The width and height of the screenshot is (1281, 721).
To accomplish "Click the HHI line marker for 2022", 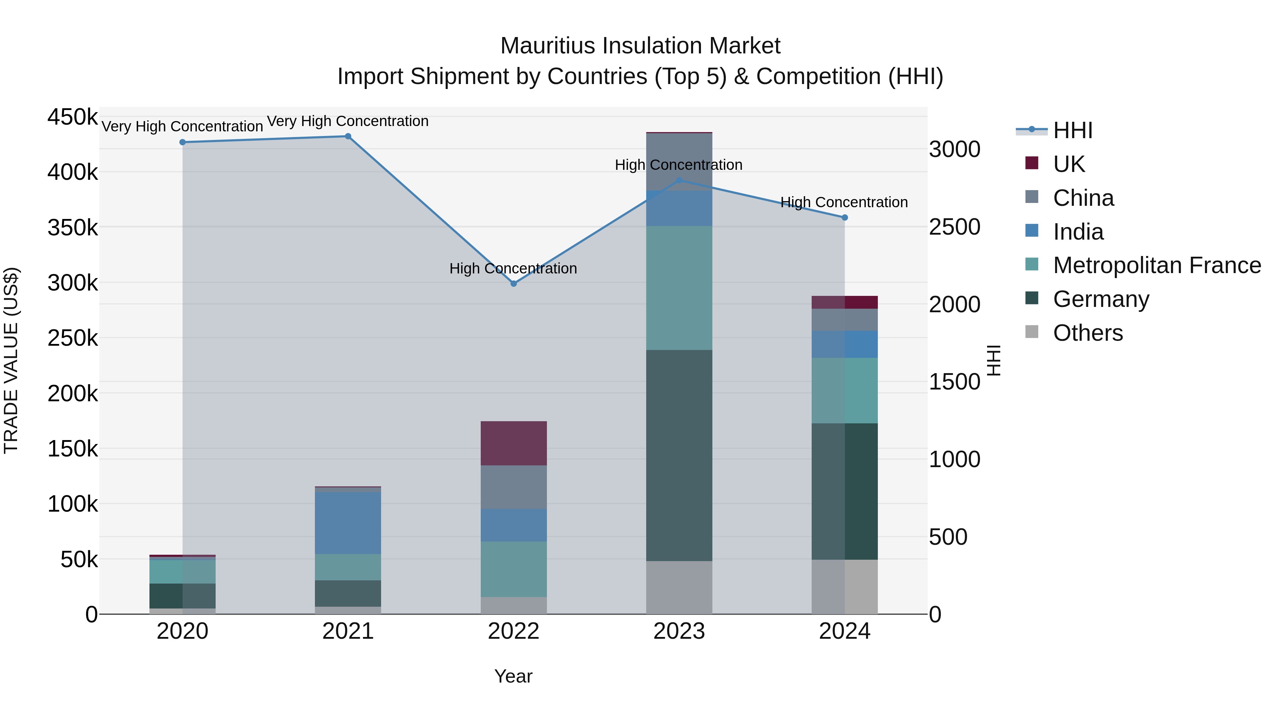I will click(x=514, y=284).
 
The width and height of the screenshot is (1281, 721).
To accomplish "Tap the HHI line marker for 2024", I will click(x=844, y=218).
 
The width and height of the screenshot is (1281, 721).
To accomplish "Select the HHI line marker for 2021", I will click(x=348, y=136).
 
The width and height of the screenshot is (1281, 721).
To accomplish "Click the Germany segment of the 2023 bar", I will click(x=679, y=455).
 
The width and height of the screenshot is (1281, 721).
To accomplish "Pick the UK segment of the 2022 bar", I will click(x=514, y=443).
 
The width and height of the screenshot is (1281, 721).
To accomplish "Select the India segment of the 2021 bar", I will click(x=348, y=522).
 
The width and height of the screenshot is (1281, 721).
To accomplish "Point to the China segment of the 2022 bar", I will click(x=514, y=487).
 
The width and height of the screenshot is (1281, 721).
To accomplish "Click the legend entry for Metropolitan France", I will click(x=1157, y=265).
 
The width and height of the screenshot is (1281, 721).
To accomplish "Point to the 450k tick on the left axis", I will click(x=73, y=117).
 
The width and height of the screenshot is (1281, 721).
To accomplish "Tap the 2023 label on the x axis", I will click(x=679, y=631).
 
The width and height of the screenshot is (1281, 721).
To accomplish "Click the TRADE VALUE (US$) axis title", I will click(x=11, y=360).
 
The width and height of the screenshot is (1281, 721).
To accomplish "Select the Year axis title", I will click(x=513, y=676).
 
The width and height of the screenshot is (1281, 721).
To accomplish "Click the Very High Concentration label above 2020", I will click(x=182, y=126).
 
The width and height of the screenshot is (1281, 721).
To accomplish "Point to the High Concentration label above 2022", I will click(x=513, y=268).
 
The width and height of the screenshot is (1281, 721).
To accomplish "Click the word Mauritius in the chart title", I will click(x=547, y=46).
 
